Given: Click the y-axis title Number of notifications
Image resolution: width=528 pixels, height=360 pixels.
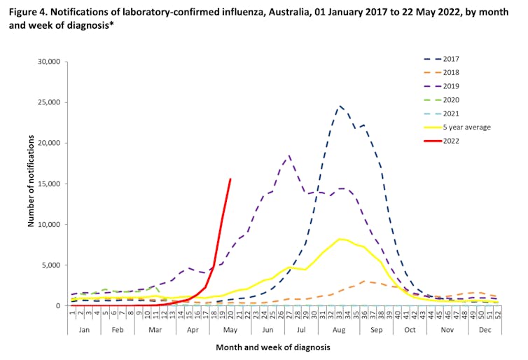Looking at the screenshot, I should coord(31,184).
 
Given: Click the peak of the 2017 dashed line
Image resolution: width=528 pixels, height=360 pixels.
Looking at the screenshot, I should coord(340,106).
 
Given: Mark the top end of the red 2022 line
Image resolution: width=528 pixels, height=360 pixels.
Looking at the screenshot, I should coord(230,179).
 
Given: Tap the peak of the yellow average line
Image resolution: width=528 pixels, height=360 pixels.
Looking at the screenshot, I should coord(340,239).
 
